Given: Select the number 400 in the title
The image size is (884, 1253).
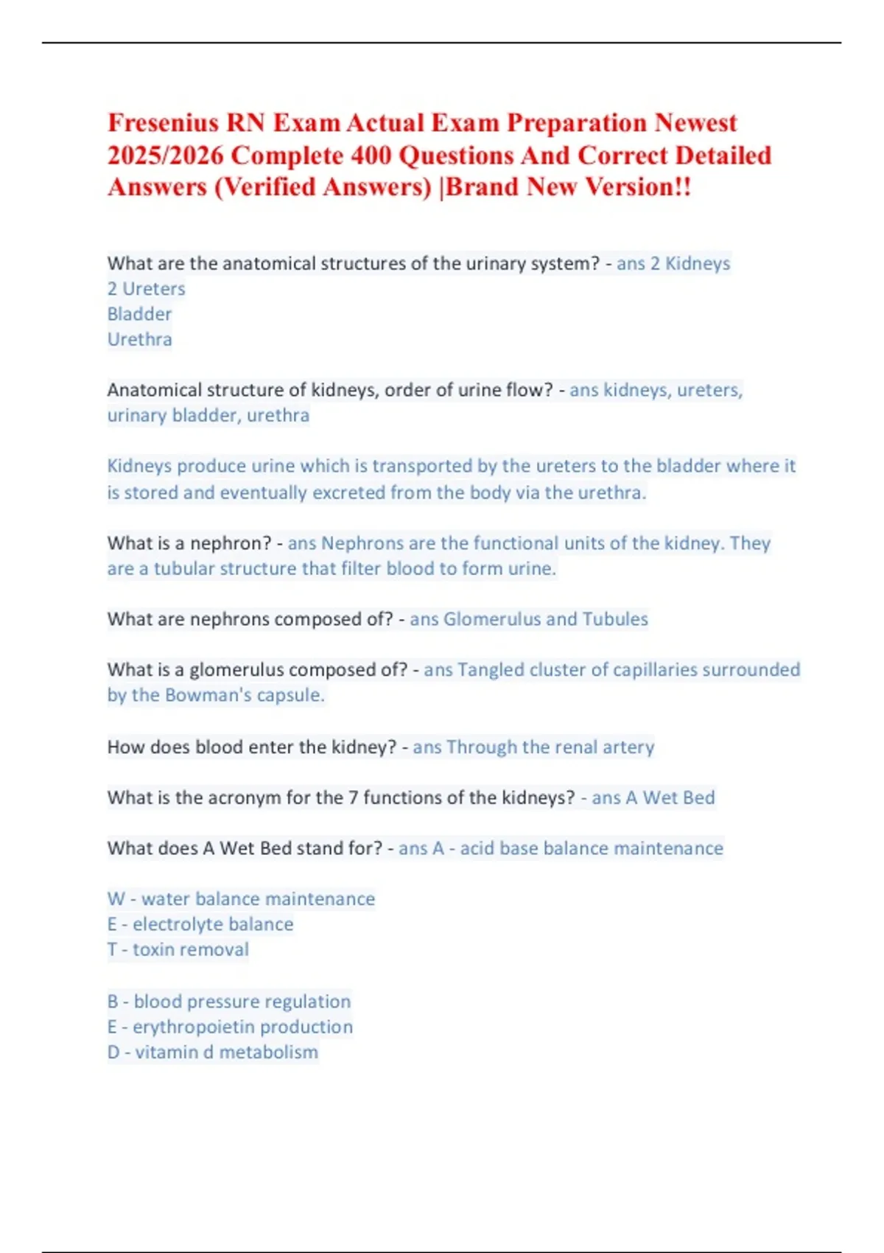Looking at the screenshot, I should [371, 156].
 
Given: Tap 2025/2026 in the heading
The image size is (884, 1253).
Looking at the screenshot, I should [166, 156].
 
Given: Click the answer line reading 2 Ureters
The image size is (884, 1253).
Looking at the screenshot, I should [146, 289].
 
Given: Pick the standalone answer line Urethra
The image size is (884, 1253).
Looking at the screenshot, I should [139, 340].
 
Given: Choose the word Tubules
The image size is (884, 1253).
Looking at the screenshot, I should [615, 619].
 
